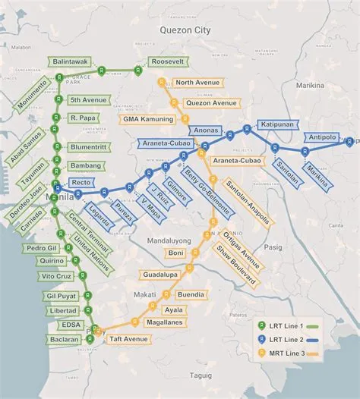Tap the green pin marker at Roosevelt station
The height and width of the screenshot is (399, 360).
(x=138, y=70)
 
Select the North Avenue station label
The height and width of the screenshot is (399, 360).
(x=197, y=83)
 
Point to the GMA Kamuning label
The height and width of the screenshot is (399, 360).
(x=148, y=119)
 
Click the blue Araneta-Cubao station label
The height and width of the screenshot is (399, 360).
(x=164, y=143)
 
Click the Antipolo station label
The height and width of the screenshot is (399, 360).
(x=324, y=137)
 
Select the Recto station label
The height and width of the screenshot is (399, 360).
(x=81, y=183)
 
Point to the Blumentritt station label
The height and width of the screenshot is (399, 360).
(x=88, y=147)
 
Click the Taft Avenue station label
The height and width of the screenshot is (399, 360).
(x=127, y=338)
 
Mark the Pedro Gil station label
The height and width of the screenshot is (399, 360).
(x=43, y=248)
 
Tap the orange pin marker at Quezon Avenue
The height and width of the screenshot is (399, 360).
(x=174, y=102)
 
